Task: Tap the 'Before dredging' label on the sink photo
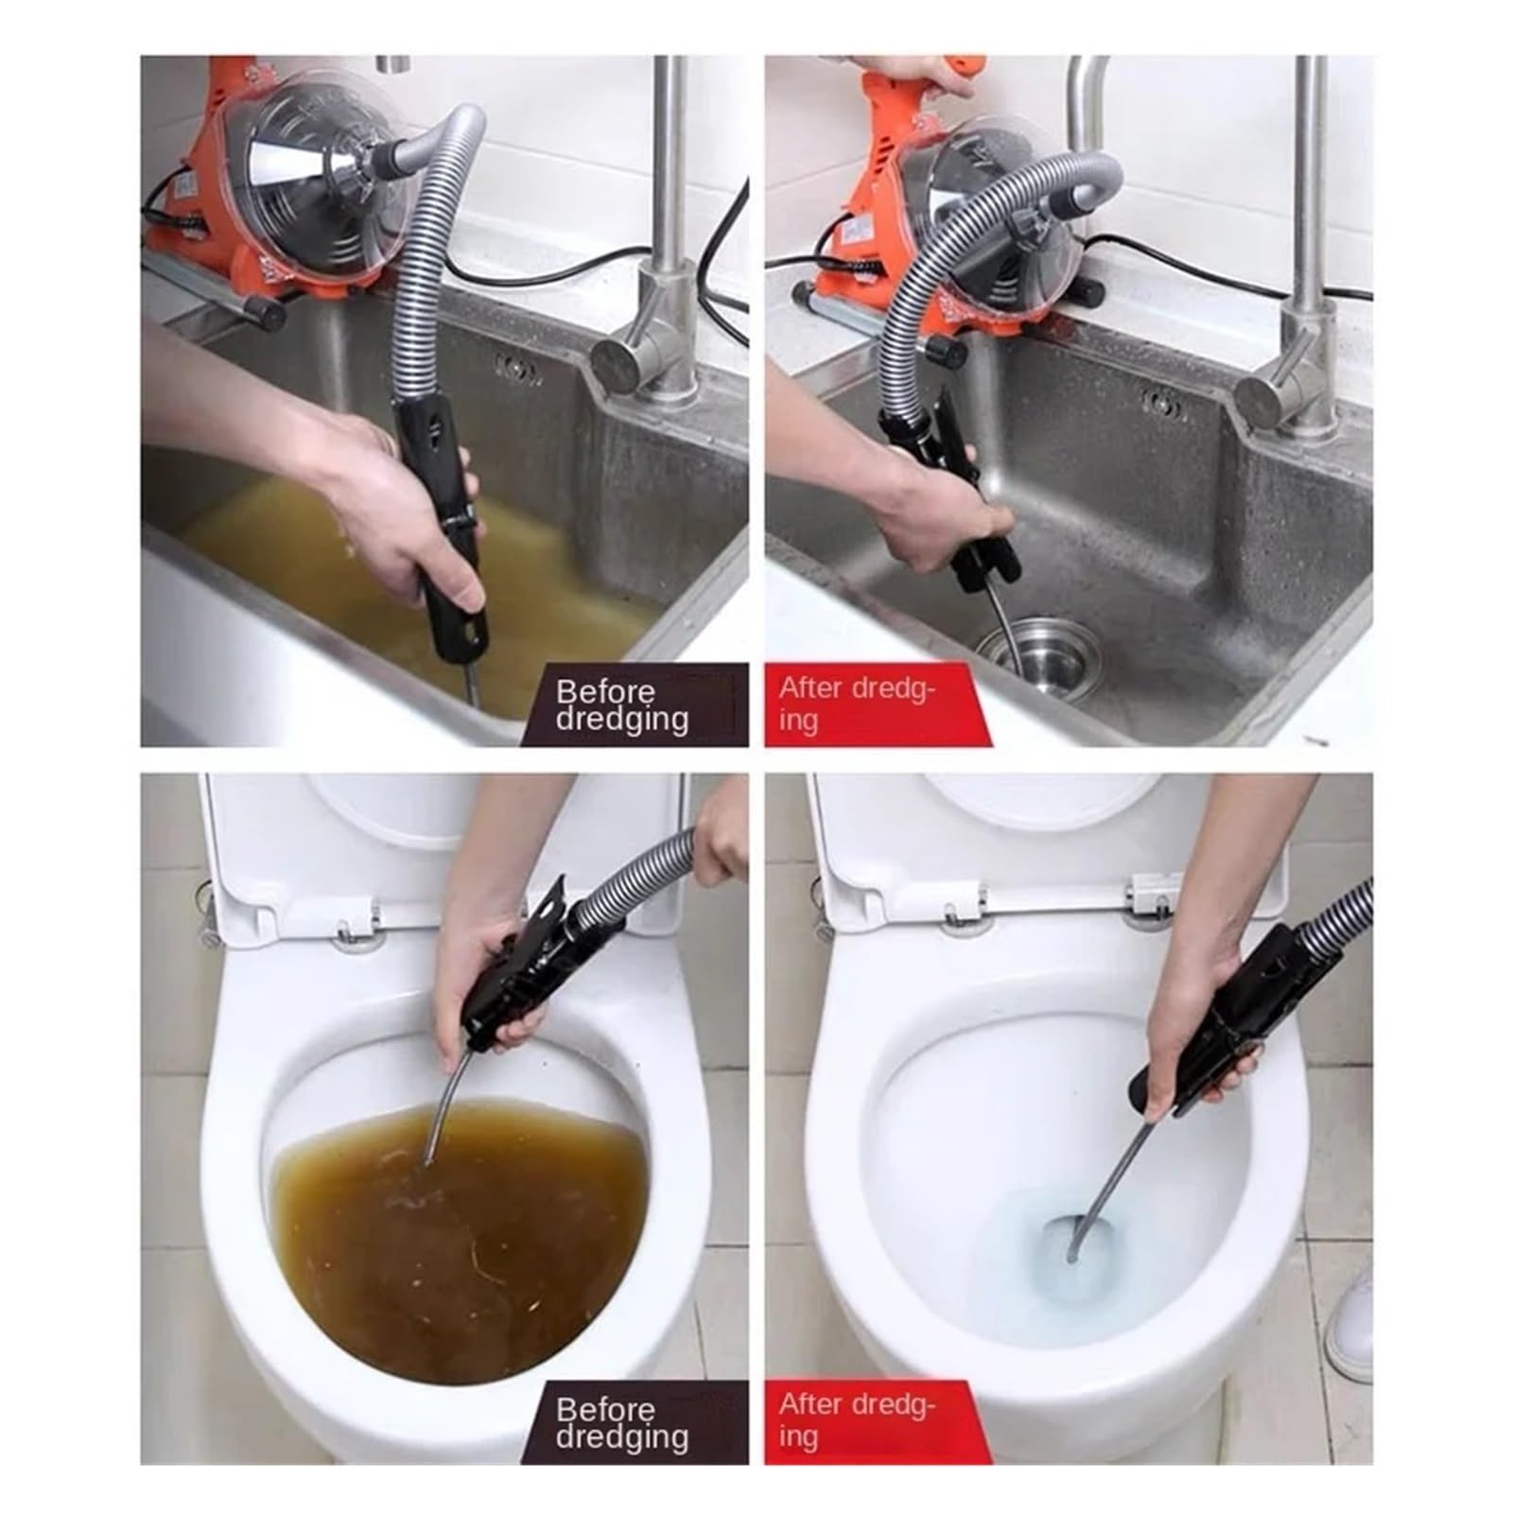click(x=622, y=704)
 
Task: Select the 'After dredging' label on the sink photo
click(x=857, y=704)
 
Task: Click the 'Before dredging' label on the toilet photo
click(x=622, y=1423)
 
